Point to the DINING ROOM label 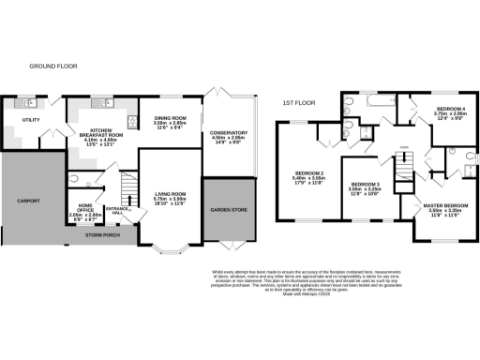pyautogui.click(x=172, y=119)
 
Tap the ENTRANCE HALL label pyautogui.click(x=117, y=209)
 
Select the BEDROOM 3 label pyautogui.click(x=363, y=186)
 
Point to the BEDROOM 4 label pyautogui.click(x=451, y=110)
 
